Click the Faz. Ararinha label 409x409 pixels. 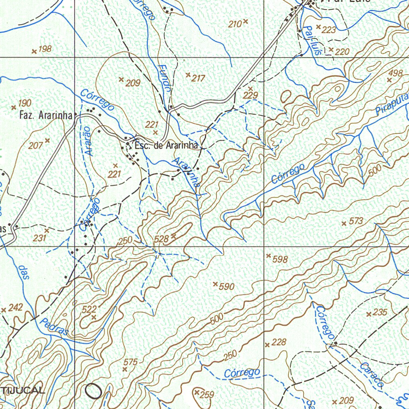click(x=46, y=116)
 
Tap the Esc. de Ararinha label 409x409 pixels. click(x=166, y=146)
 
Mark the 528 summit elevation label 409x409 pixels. click(x=162, y=239)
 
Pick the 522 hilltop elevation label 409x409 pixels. click(x=89, y=309)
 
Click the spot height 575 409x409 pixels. click(x=130, y=362)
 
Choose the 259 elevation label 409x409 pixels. click(x=207, y=395)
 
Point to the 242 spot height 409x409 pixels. click(x=16, y=308)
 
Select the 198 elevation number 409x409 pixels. click(x=45, y=49)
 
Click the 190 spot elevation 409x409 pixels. click(x=24, y=103)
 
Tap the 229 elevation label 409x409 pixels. click(x=251, y=95)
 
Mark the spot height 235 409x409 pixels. click(x=380, y=312)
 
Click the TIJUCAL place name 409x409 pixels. click(x=22, y=390)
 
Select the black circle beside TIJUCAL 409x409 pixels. click(x=93, y=390)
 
